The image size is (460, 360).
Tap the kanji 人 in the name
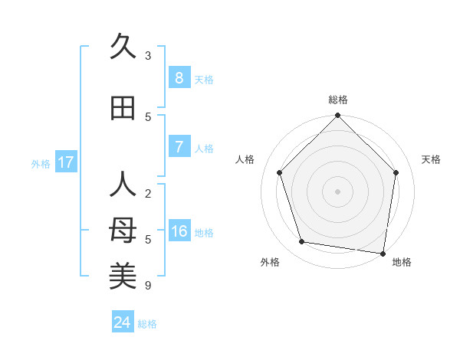click(123, 185)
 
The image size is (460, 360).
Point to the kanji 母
click(123, 231)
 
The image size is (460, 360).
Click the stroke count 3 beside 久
click(148, 55)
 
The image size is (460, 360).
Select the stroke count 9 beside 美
click(148, 286)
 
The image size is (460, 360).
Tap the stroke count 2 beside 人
click(148, 194)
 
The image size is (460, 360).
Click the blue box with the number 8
click(179, 78)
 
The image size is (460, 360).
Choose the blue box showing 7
click(179, 147)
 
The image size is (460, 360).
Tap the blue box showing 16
click(179, 231)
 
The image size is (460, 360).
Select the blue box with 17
click(66, 162)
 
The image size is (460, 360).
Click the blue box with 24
click(123, 322)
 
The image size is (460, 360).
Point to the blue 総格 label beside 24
click(148, 324)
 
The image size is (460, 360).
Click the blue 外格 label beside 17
click(41, 163)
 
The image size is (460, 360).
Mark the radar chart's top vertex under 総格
click(337, 116)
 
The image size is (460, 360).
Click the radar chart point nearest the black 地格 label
click(383, 253)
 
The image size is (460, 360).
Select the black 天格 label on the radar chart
click(431, 159)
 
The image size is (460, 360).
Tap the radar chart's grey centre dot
click(337, 191)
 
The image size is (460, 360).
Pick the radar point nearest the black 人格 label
click(280, 172)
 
